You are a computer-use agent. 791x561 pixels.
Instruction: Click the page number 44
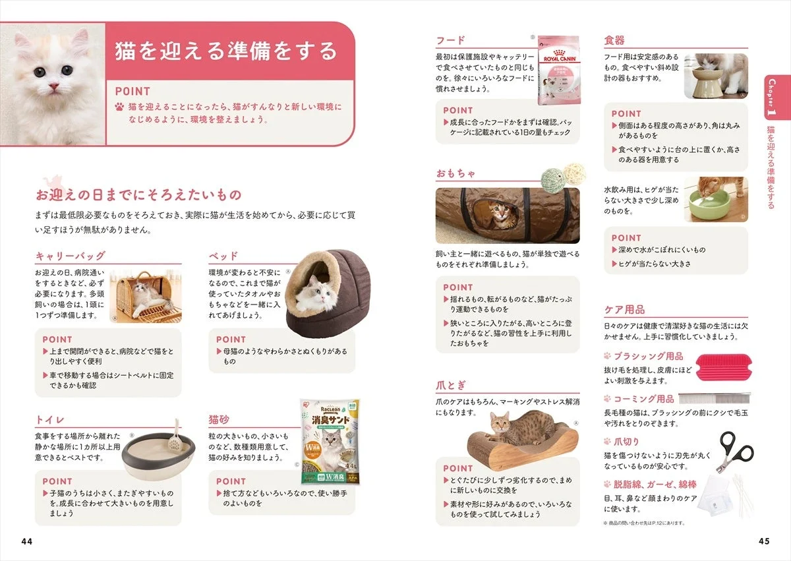point(26,541)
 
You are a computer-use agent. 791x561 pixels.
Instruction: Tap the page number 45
point(764,541)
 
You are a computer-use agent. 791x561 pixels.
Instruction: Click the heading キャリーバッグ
point(70,256)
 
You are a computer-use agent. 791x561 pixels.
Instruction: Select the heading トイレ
point(49,420)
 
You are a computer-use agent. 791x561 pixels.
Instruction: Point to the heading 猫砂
point(219,420)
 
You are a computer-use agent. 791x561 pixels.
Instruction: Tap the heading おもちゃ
point(455,174)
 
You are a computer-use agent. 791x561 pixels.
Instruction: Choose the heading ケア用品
point(624,309)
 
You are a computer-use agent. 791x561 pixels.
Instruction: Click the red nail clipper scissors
point(736,453)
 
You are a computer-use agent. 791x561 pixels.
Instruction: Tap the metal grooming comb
point(714,399)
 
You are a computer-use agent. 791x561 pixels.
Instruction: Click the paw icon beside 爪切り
point(607,442)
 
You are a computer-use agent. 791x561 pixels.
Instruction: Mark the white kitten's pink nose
point(53,86)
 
